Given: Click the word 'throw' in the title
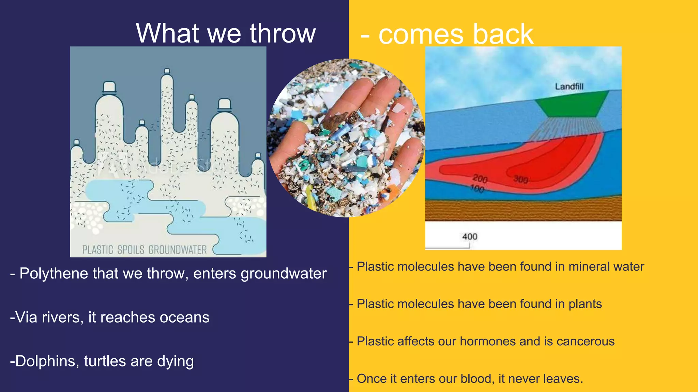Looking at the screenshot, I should click(x=283, y=33).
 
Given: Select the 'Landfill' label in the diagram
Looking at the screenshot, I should click(x=569, y=86).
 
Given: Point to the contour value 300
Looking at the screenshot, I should click(x=520, y=179).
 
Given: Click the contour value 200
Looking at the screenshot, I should click(x=480, y=178).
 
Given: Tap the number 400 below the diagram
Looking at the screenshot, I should click(x=470, y=236).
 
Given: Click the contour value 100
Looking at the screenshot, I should click(x=477, y=189).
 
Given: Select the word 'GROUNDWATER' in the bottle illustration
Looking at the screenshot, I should click(x=178, y=250).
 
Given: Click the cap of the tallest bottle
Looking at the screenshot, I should click(x=167, y=71).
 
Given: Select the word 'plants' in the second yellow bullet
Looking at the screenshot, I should click(x=585, y=304).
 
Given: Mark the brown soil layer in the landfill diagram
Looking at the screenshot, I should click(x=523, y=210).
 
